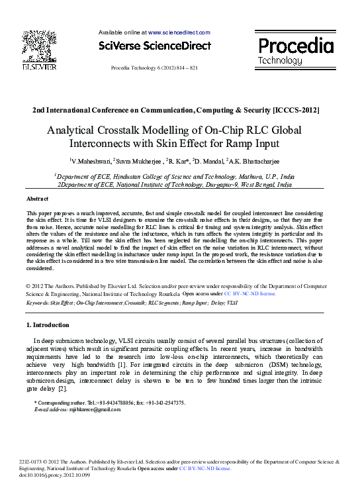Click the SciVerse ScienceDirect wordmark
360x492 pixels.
[x=154, y=46]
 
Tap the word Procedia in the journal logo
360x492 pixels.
[x=295, y=46]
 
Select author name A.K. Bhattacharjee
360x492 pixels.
[x=262, y=161]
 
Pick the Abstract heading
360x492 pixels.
[x=37, y=199]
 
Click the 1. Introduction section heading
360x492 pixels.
[x=47, y=325]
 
